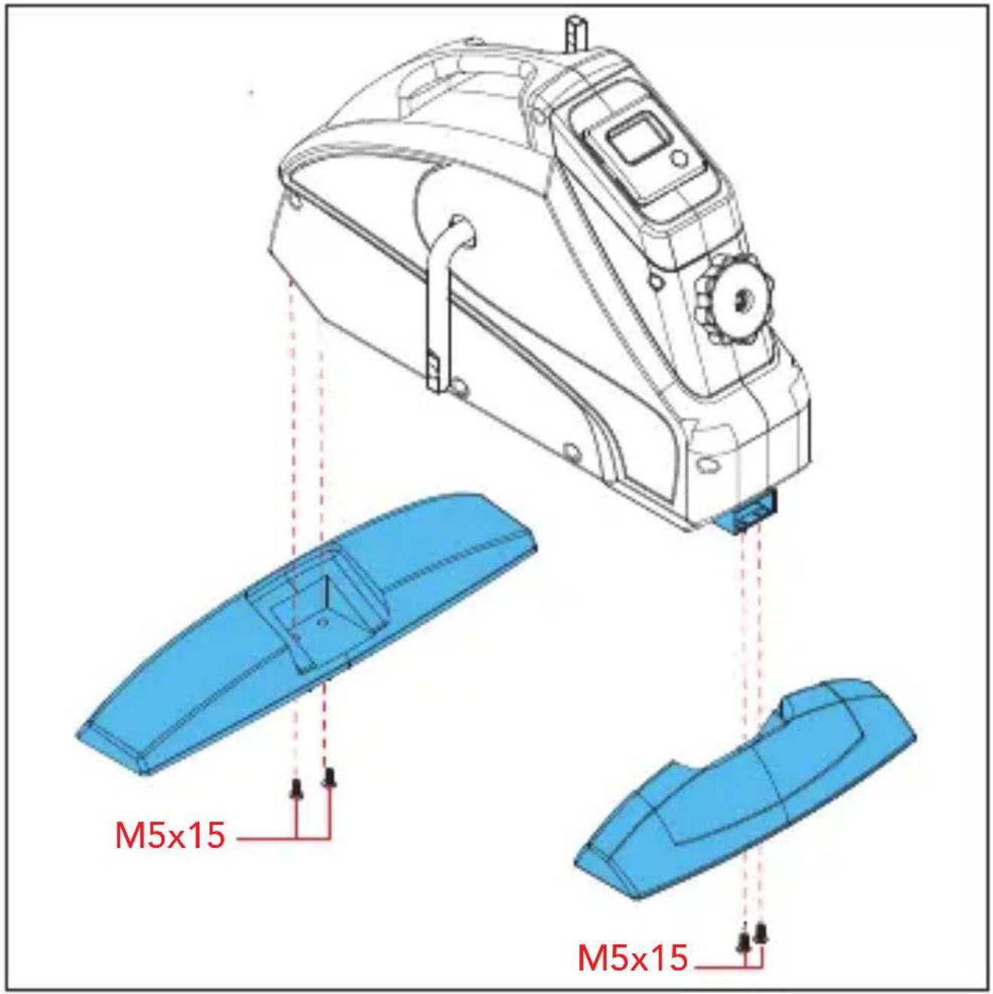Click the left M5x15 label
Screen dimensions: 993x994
(x=170, y=835)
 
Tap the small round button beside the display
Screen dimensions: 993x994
(x=680, y=157)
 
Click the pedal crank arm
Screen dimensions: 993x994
(x=448, y=304)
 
